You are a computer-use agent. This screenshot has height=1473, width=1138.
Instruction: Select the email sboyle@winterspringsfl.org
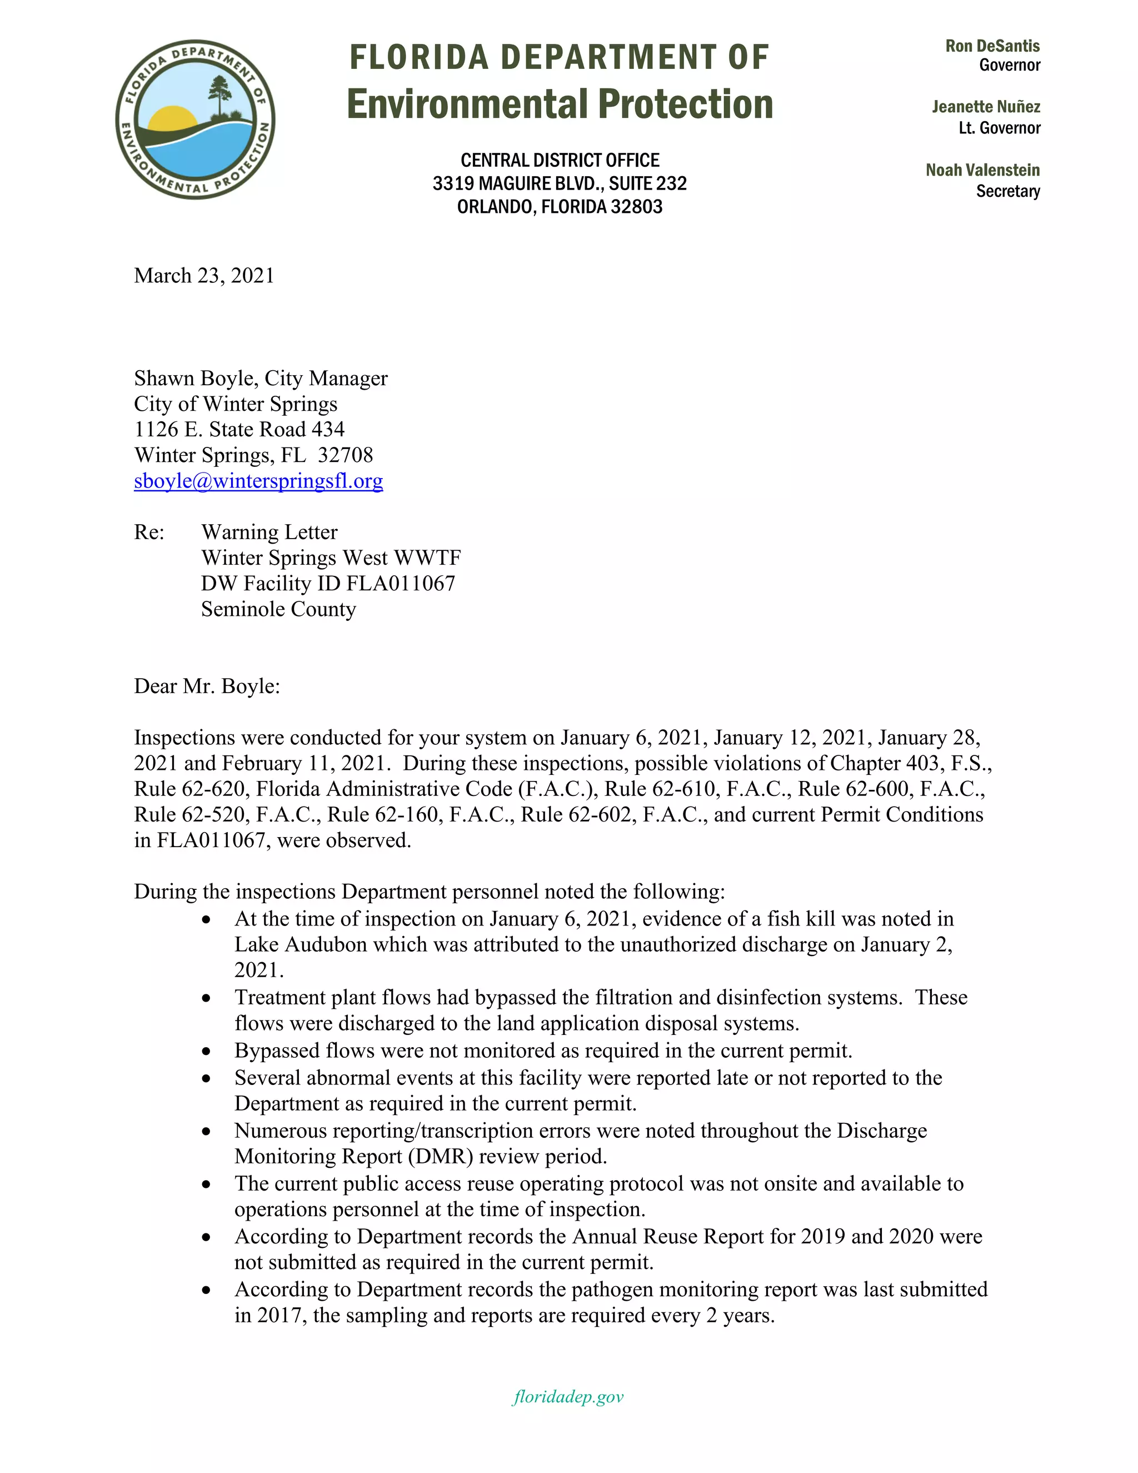(x=258, y=481)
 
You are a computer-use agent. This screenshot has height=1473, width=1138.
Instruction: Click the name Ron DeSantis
(x=992, y=46)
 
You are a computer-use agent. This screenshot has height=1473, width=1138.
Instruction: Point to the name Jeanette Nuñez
(x=986, y=107)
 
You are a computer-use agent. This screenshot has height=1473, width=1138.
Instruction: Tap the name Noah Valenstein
(x=982, y=170)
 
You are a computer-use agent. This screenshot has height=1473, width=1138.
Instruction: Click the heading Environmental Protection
(x=559, y=104)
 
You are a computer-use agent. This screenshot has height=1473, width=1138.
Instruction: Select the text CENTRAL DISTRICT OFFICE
(x=560, y=161)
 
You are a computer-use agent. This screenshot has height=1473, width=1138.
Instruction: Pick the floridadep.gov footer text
(x=568, y=1397)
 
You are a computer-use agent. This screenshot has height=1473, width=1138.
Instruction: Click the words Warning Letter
(x=269, y=532)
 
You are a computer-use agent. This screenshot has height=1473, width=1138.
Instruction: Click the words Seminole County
(x=278, y=609)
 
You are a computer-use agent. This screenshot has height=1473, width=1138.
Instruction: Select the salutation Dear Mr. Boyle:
(x=206, y=686)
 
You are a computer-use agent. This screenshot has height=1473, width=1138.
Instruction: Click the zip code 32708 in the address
(x=345, y=455)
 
